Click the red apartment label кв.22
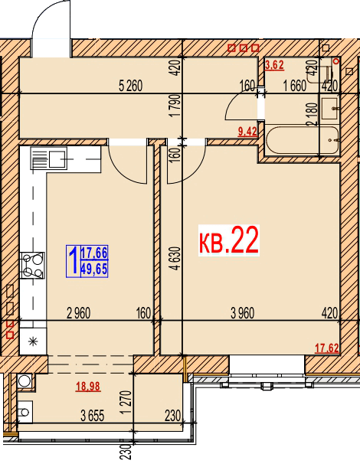click(x=228, y=240)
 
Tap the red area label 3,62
click(x=274, y=65)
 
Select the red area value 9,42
click(x=247, y=132)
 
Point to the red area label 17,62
click(x=327, y=348)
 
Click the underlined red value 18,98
click(x=88, y=387)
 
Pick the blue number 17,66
click(x=94, y=253)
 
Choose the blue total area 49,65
click(x=94, y=269)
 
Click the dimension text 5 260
click(x=130, y=86)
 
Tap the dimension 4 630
click(x=176, y=258)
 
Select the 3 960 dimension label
click(x=243, y=313)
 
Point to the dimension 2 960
click(x=78, y=313)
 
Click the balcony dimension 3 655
click(x=93, y=416)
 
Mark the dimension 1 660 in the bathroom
click(x=295, y=86)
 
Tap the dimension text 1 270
click(x=126, y=402)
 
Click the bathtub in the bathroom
click(x=303, y=140)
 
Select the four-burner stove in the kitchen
click(x=32, y=265)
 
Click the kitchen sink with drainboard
click(x=48, y=159)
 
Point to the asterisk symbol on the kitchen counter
click(x=33, y=341)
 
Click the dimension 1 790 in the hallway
click(x=176, y=106)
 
